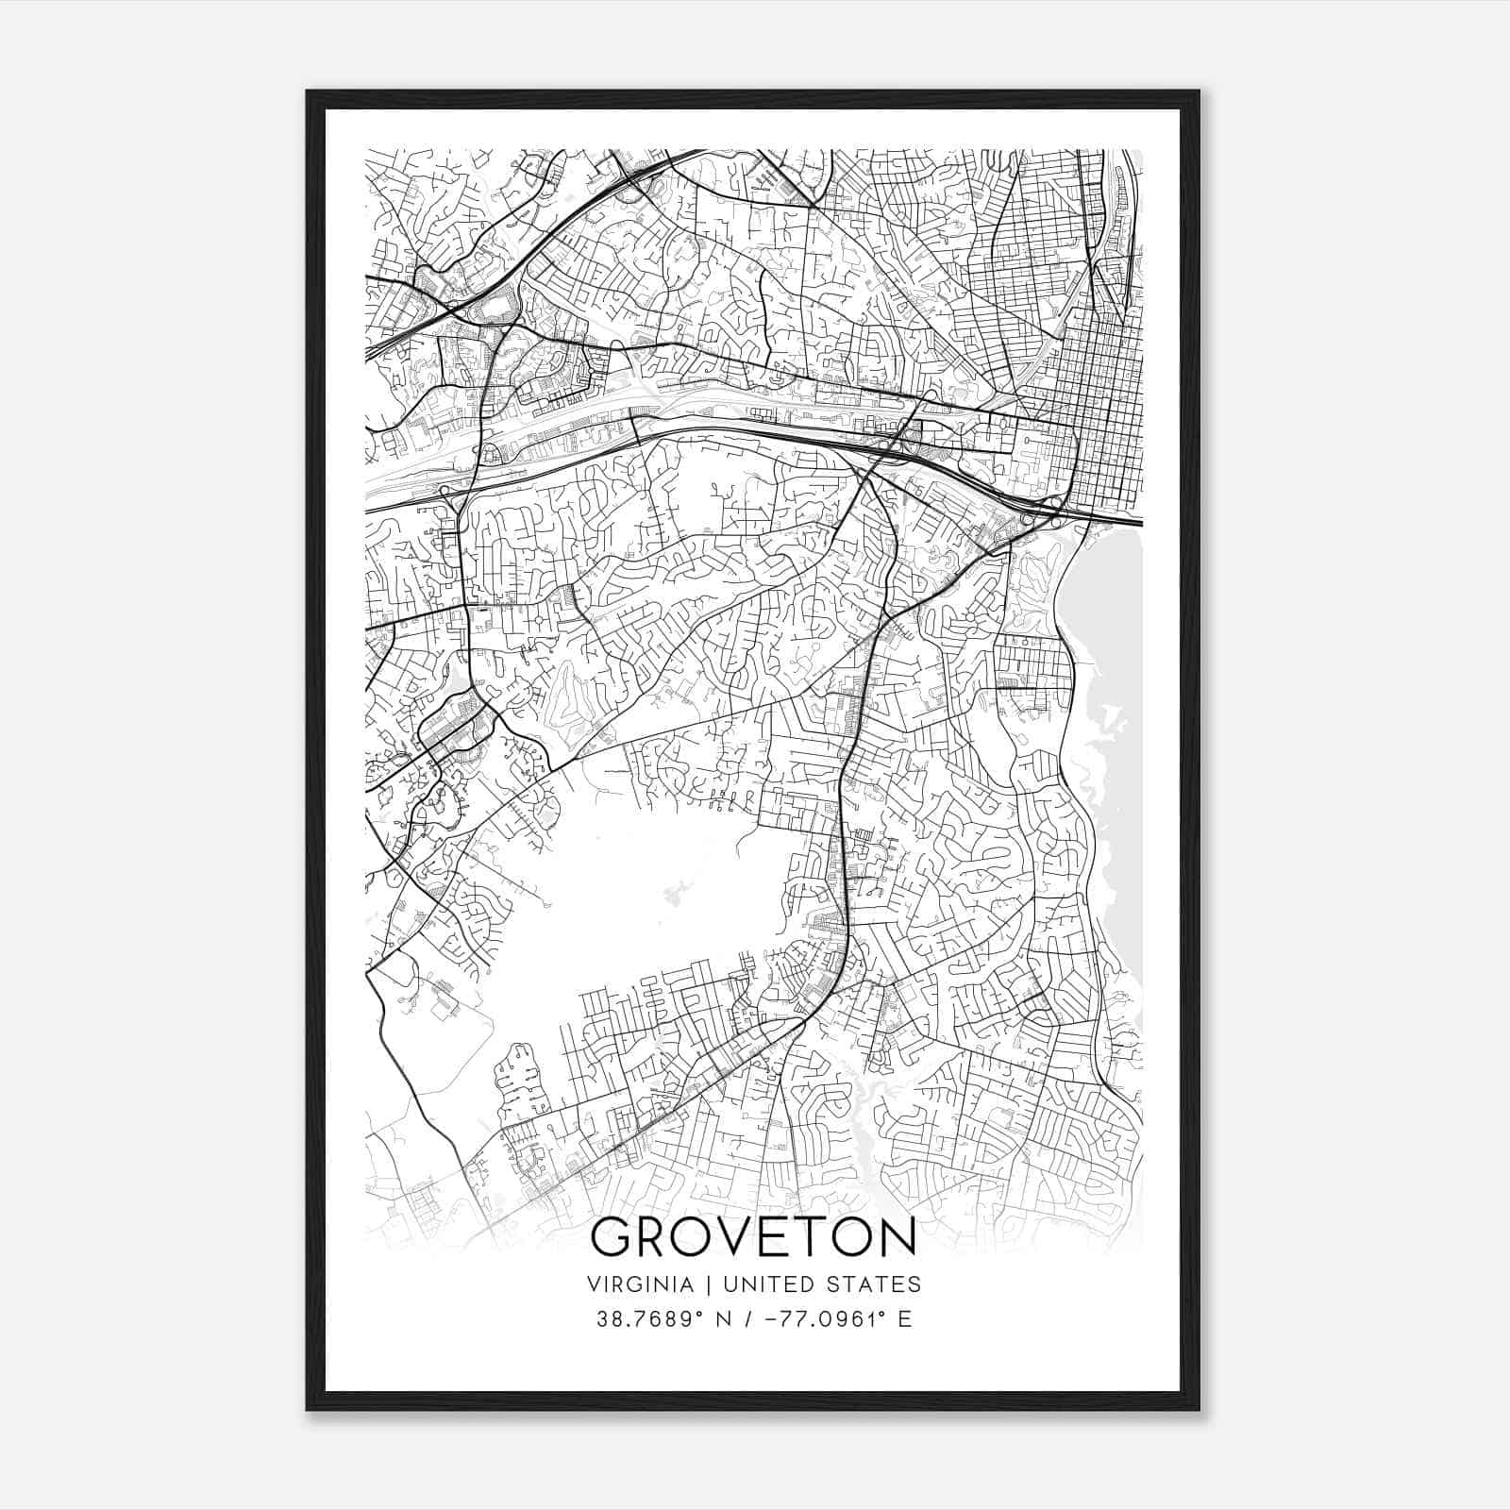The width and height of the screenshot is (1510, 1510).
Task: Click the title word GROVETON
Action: pyautogui.click(x=753, y=1237)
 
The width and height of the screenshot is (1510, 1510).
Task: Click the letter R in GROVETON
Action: pyautogui.click(x=652, y=1238)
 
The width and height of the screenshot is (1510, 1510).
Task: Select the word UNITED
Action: pyautogui.click(x=763, y=1284)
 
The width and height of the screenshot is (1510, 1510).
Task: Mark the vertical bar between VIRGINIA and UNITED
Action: pyautogui.click(x=699, y=1284)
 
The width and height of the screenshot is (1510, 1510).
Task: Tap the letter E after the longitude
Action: pyautogui.click(x=905, y=1319)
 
